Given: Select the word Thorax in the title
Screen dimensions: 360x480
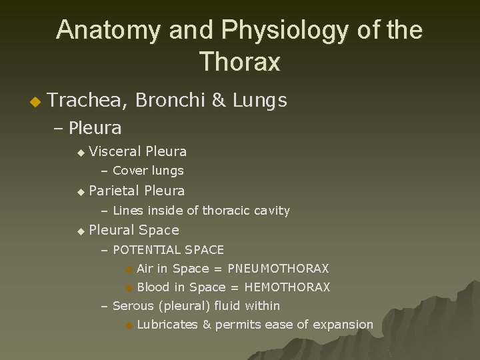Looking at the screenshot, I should click(x=239, y=62).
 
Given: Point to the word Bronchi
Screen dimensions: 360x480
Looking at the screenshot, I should click(x=171, y=101).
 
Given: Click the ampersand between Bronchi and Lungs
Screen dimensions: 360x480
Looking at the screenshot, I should click(x=218, y=101).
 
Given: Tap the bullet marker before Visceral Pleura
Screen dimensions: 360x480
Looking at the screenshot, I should click(x=81, y=153).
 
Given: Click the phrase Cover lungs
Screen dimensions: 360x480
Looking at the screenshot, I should click(x=148, y=171).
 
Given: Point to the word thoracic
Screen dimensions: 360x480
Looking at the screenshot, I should click(x=227, y=211).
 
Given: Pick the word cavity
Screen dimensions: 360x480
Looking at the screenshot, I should click(x=273, y=211).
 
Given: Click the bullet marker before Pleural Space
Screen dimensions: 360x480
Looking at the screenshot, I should click(x=81, y=231).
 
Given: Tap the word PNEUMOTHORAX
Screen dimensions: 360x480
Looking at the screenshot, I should click(x=278, y=269).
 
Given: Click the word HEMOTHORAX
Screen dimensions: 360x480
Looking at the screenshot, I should click(x=287, y=287).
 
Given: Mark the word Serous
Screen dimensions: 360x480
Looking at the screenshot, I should click(x=133, y=306).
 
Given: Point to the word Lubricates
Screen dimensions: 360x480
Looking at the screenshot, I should click(x=167, y=325).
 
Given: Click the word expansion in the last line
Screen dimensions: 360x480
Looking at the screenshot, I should click(x=341, y=325).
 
